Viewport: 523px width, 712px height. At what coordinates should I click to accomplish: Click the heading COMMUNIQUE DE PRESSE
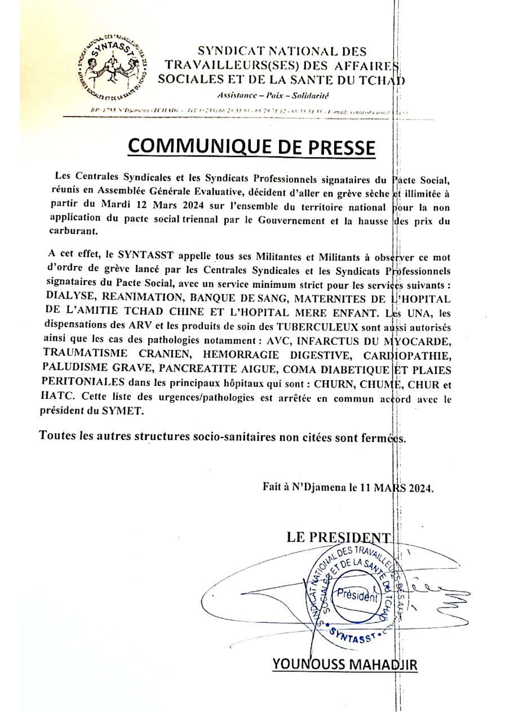click(x=251, y=145)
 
